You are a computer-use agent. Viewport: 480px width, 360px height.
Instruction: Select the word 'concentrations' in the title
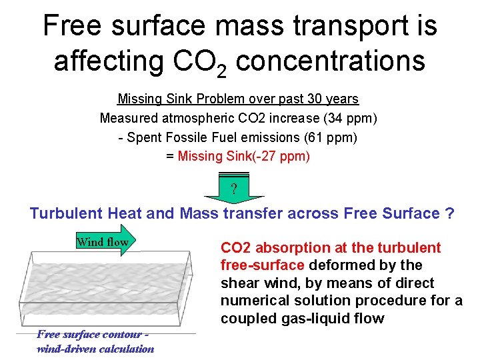coord(331,61)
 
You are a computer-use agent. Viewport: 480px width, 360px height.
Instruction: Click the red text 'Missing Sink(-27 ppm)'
coord(244,156)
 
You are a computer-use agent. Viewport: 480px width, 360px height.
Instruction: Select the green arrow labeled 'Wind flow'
coord(105,242)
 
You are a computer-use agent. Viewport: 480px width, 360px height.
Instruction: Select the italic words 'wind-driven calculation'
coord(95,349)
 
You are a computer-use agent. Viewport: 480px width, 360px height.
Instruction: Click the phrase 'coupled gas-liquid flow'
coord(302,318)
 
